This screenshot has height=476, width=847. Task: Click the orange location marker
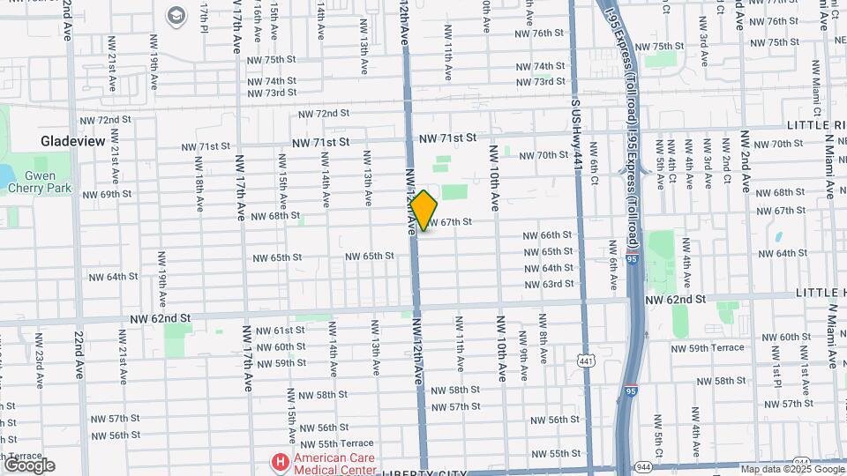[x=424, y=211]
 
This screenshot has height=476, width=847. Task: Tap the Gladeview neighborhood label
[x=73, y=141]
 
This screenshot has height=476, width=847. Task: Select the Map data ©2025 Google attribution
[x=791, y=470]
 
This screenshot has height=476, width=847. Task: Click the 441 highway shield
[x=586, y=361]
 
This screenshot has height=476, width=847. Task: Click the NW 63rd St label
[x=549, y=284]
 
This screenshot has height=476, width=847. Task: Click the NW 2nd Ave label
[x=746, y=162]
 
